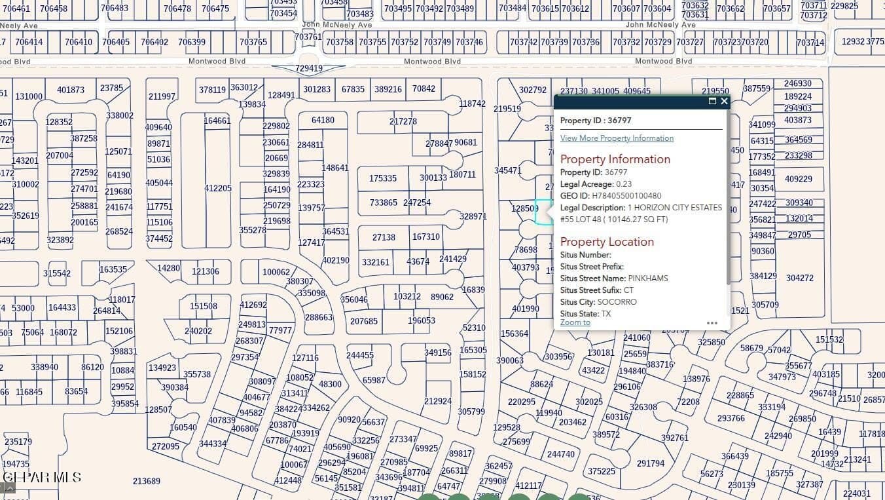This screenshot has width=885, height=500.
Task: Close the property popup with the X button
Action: point(724,102)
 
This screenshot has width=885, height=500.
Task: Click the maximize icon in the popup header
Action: point(712,102)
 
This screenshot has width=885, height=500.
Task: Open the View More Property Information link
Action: point(617,138)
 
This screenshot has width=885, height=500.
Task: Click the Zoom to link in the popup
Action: point(575,322)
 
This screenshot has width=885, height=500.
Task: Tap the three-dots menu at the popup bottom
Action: point(712,323)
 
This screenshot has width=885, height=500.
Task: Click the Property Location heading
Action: point(607,242)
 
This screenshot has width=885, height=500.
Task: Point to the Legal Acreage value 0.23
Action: point(624,184)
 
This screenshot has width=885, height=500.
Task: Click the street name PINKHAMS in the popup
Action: point(648,279)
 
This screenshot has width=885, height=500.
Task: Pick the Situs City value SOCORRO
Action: point(617,302)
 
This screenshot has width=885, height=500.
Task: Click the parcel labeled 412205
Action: point(218,189)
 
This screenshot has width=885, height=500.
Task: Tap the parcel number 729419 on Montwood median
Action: point(309,69)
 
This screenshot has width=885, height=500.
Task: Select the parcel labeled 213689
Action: point(147,482)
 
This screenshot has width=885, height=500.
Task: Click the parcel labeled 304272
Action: point(800,279)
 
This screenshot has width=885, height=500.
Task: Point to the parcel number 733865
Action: point(383,203)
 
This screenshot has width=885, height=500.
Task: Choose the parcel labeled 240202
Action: point(198,332)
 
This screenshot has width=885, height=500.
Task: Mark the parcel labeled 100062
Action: point(276,273)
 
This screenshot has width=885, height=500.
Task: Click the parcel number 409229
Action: point(799,180)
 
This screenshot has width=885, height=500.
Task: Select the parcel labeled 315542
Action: point(57,274)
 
